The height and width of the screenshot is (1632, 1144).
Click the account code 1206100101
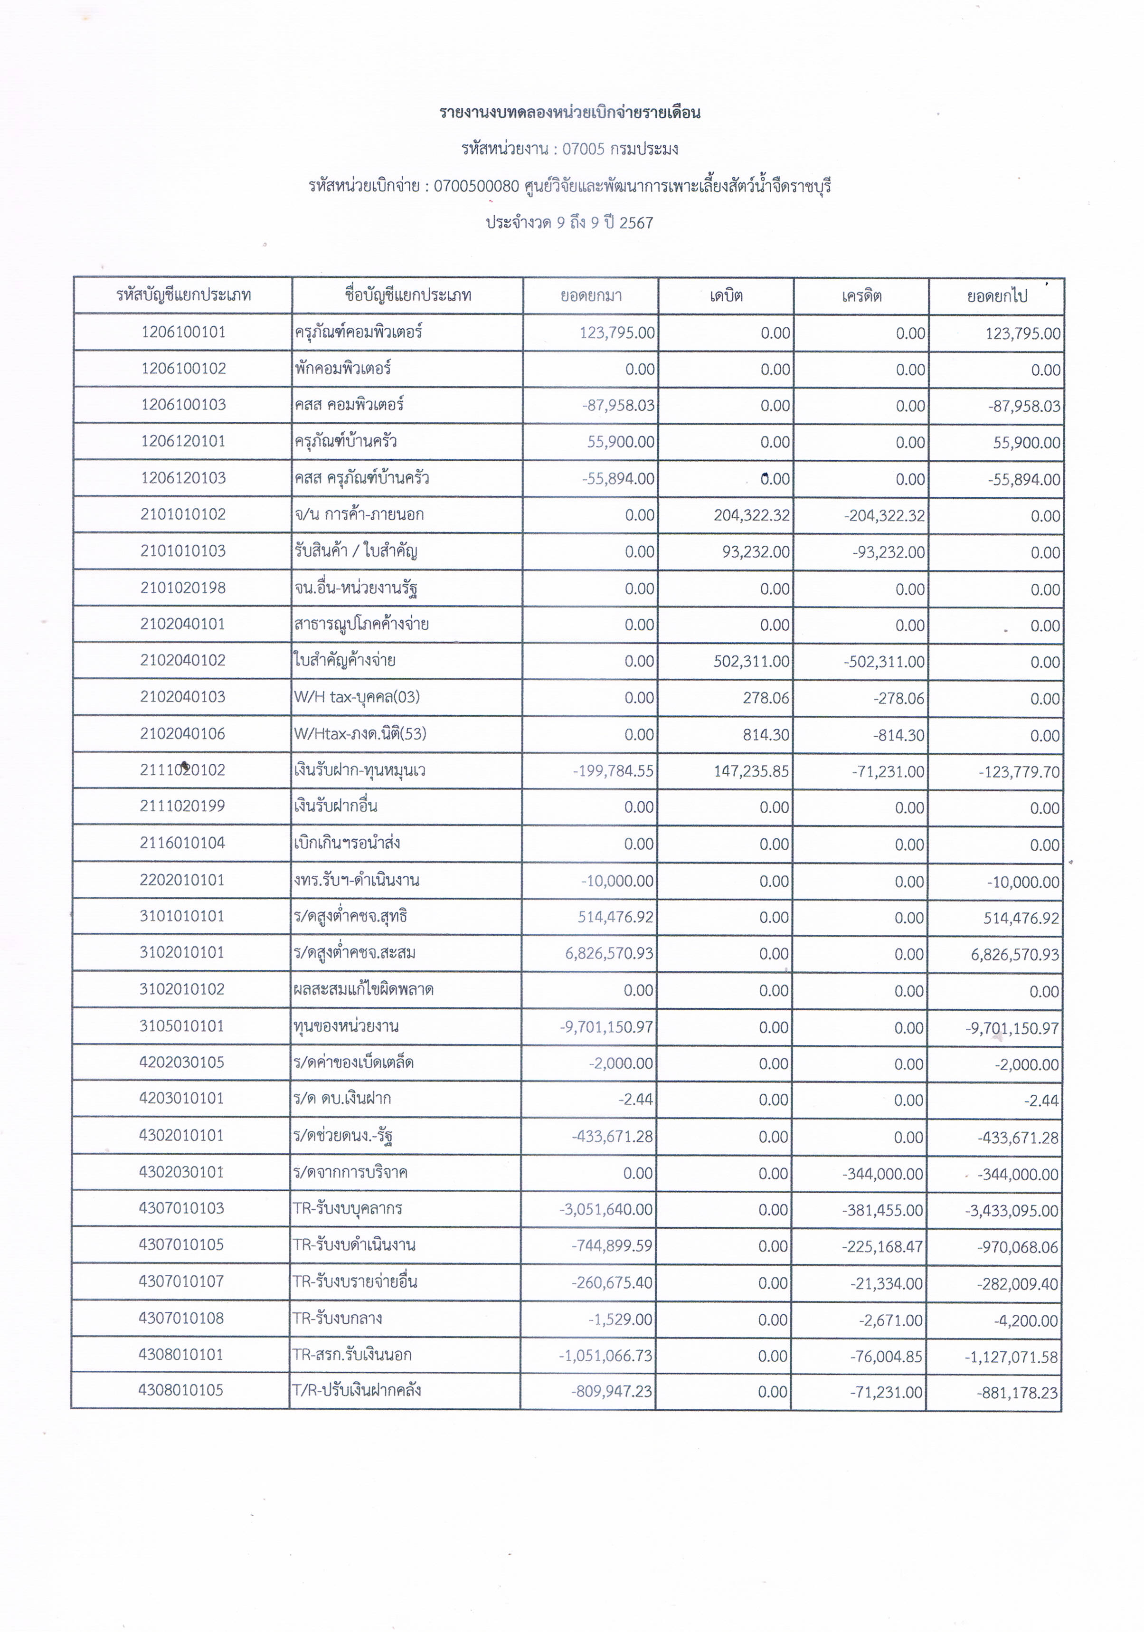pyautogui.click(x=183, y=332)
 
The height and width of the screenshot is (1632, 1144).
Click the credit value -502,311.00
pyautogui.click(x=885, y=662)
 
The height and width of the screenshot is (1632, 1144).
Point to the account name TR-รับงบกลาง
pyautogui.click(x=338, y=1319)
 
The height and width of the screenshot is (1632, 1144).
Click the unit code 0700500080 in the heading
pyautogui.click(x=476, y=186)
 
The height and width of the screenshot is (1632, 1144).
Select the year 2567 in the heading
pyautogui.click(x=636, y=223)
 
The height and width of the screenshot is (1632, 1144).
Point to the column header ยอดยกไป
pyautogui.click(x=996, y=296)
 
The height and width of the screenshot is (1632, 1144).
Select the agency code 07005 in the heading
pyautogui.click(x=583, y=149)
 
